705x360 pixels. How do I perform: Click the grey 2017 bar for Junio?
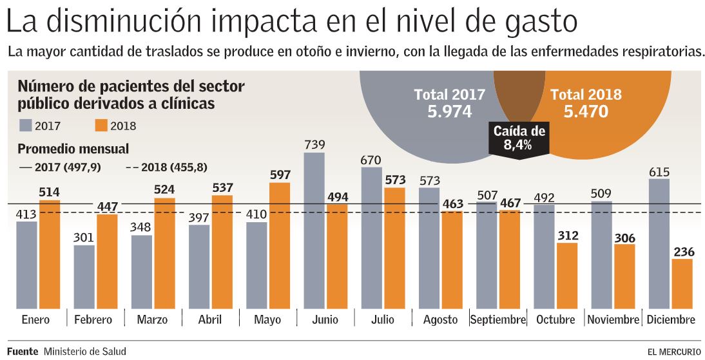(x=314, y=229)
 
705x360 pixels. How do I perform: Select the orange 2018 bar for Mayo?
(x=280, y=245)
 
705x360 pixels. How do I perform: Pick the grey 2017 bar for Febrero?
(x=84, y=275)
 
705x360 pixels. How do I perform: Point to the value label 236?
(x=683, y=251)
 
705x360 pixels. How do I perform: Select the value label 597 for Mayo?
(x=280, y=175)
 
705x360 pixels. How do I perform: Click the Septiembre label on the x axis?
(x=498, y=319)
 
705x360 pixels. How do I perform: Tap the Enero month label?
(x=35, y=319)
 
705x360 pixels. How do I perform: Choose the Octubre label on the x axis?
(x=555, y=319)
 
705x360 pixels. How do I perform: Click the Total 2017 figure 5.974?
(x=449, y=111)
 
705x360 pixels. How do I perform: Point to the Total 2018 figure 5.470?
(x=586, y=112)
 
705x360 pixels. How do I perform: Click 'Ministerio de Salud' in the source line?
(x=85, y=351)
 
